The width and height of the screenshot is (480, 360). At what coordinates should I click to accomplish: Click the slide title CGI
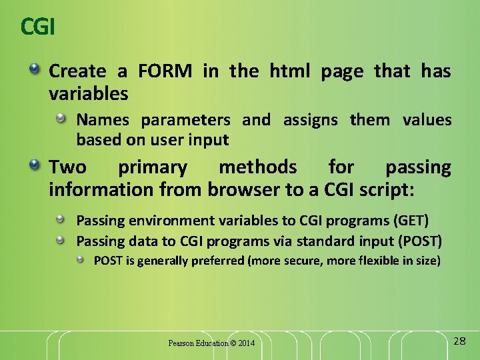coord(37,27)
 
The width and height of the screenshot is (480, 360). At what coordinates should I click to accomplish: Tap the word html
coord(290,71)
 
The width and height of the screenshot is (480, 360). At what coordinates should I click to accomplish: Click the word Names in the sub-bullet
coord(104,120)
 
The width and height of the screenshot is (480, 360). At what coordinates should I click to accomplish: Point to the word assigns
coord(311,120)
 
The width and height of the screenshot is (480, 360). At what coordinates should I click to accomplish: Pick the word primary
coord(152,167)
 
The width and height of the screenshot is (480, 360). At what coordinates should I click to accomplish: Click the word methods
coord(258,167)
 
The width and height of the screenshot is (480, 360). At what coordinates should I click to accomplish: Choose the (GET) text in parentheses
coord(411,221)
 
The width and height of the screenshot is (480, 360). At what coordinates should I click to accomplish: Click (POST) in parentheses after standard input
coord(419,241)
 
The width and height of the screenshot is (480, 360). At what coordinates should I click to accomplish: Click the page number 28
coord(459,341)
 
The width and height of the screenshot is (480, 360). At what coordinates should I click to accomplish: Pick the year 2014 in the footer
coord(246,343)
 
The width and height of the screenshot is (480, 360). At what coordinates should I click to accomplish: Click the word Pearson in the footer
coord(180,343)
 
